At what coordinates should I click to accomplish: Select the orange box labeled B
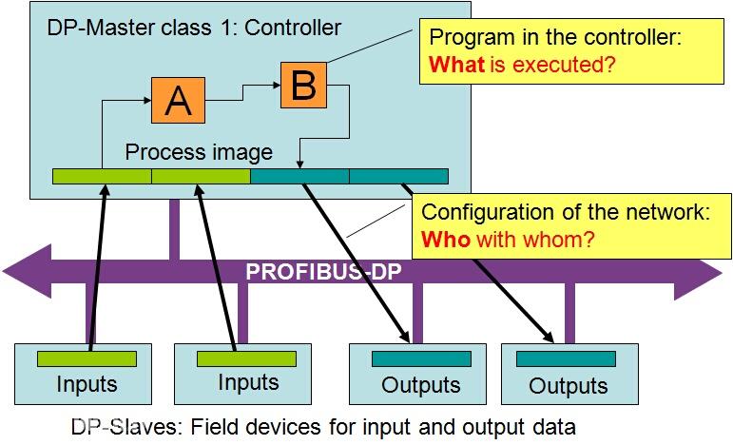(x=303, y=85)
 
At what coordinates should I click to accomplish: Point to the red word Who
(x=445, y=239)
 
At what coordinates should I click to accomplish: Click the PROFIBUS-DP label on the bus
(x=323, y=273)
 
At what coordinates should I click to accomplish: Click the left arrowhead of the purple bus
(x=24, y=272)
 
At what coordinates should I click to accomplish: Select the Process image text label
(x=199, y=152)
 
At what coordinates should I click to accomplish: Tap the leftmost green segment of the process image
(x=101, y=176)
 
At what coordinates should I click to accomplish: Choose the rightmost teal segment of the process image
(x=398, y=176)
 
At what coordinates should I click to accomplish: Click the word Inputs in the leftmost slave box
(x=87, y=384)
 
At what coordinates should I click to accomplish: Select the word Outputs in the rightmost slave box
(x=568, y=385)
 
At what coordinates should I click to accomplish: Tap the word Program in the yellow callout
(x=469, y=39)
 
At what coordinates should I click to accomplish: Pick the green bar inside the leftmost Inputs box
(x=87, y=358)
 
